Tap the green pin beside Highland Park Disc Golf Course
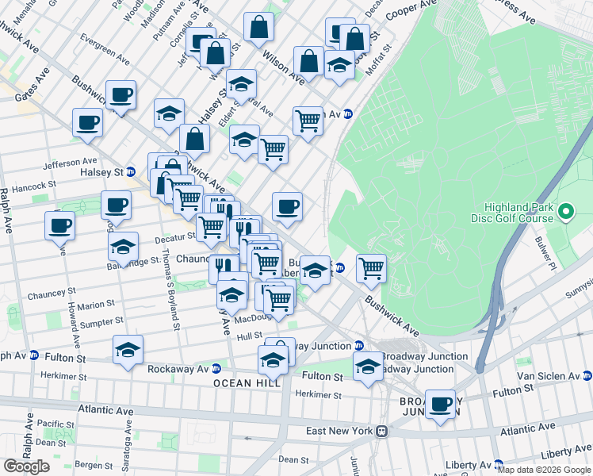point(565,212)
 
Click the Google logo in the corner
point(26,466)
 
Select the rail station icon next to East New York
point(382,431)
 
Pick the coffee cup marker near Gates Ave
point(87,123)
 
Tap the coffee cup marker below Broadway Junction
point(440,405)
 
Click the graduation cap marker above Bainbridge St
point(124,247)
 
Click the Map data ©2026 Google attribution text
point(544,470)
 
